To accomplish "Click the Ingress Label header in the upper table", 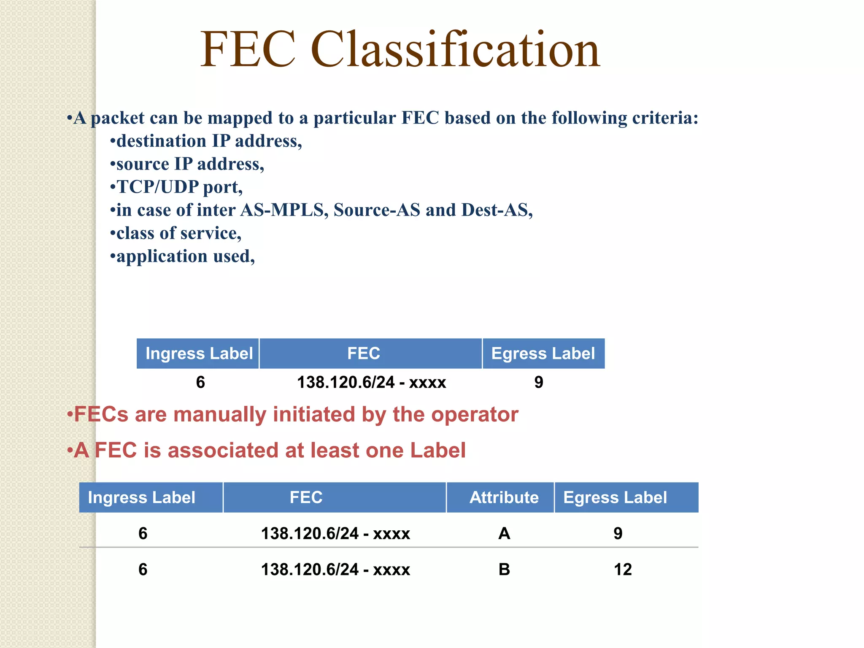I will [x=199, y=354].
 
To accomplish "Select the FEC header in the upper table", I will [x=364, y=354].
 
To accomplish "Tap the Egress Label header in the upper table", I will [x=543, y=354].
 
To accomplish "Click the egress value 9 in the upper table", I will [x=539, y=382].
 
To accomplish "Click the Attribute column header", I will [x=504, y=498].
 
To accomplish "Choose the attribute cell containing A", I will [x=504, y=534].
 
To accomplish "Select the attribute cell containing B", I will [x=504, y=570].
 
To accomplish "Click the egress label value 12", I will [x=623, y=570].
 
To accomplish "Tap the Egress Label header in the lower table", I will [x=615, y=498].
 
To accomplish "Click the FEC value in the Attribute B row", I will [x=335, y=570].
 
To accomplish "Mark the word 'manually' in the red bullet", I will [x=220, y=415].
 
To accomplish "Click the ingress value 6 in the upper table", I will [x=200, y=382].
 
